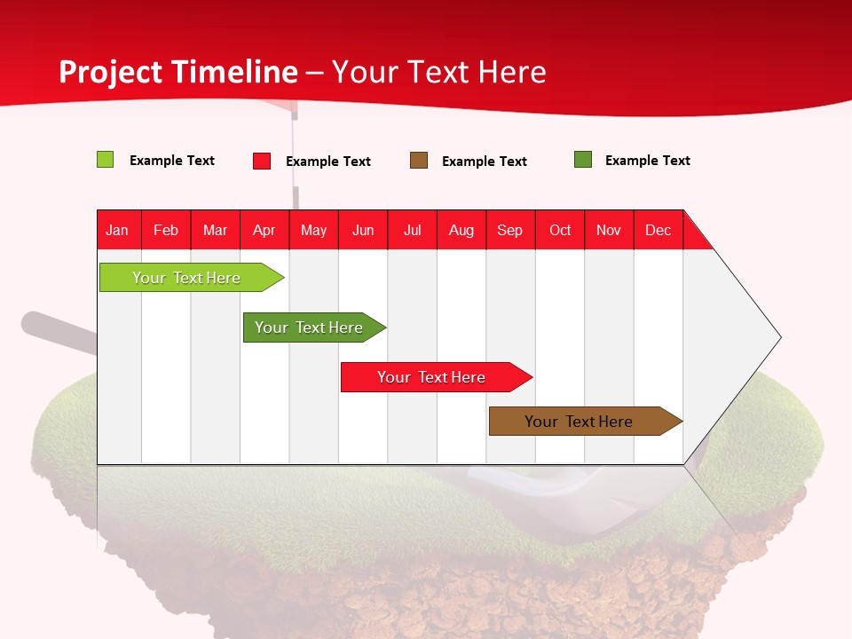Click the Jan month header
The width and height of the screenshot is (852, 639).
(117, 230)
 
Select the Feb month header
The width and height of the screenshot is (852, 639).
(166, 230)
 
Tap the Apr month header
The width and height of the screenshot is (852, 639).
(264, 230)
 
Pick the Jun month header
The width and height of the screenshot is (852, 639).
(363, 230)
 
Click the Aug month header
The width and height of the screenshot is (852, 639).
(461, 230)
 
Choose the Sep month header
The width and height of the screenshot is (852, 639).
(509, 230)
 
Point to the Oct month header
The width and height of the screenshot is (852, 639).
(560, 230)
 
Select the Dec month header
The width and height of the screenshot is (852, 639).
(658, 230)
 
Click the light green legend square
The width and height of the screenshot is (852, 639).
(106, 160)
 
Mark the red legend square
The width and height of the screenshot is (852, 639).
(262, 161)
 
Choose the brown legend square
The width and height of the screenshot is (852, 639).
(419, 161)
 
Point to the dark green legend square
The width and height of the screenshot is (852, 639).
(583, 160)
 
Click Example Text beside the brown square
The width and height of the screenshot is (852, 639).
(484, 162)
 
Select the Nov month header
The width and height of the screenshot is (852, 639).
(609, 230)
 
